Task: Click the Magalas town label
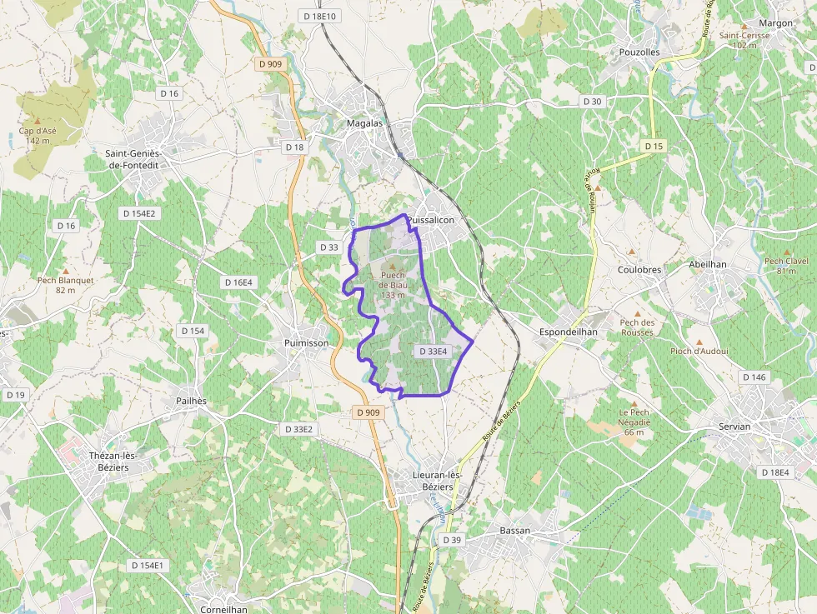(x=364, y=123)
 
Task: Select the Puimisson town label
(x=306, y=342)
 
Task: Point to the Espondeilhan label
(x=569, y=332)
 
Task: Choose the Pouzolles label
(x=639, y=52)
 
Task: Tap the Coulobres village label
(x=639, y=270)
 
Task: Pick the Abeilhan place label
(x=708, y=264)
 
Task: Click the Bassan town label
(x=514, y=531)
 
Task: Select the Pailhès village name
(x=191, y=401)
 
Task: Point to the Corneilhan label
(x=222, y=609)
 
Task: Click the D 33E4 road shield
(x=434, y=352)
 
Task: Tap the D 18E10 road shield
(x=320, y=16)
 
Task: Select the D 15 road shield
(x=654, y=147)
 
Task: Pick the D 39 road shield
(x=451, y=540)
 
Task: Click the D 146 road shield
(x=754, y=377)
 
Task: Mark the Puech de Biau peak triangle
(x=393, y=266)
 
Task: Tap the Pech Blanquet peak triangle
(x=65, y=270)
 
